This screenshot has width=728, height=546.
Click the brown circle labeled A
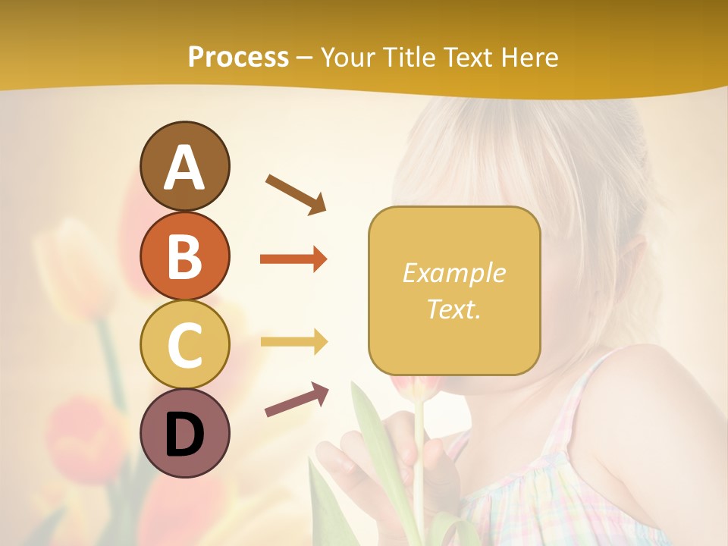click(x=184, y=166)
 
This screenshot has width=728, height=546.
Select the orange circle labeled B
click(x=184, y=256)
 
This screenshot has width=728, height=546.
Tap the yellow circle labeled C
click(x=184, y=344)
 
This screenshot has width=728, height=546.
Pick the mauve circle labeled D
click(x=184, y=433)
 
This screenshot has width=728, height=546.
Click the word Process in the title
click(x=238, y=58)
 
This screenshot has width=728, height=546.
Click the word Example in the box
click(x=453, y=273)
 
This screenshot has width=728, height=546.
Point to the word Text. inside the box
click(x=453, y=309)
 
